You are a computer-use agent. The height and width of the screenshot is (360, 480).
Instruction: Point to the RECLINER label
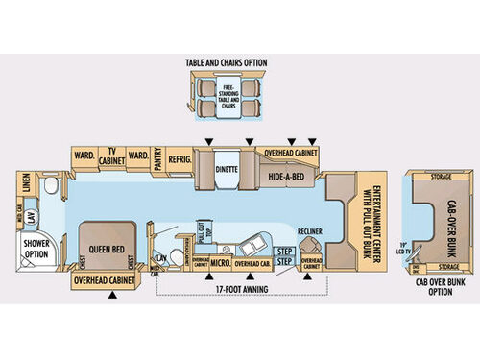308,231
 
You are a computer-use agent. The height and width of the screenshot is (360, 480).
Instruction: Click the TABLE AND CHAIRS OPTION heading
227,63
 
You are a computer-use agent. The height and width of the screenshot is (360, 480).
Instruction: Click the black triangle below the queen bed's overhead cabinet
113,296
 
